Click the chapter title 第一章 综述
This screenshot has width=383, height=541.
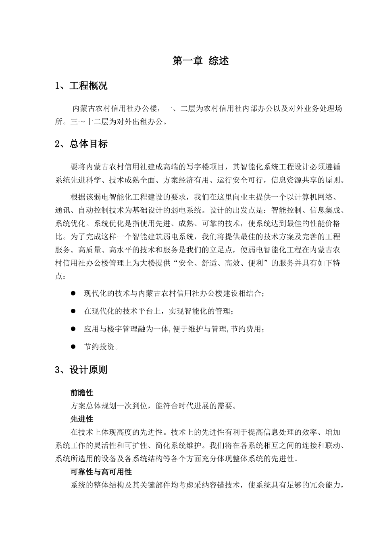coord(200,61)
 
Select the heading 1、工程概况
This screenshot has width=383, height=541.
coord(81,86)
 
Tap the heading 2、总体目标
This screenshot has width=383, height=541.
coord(81,144)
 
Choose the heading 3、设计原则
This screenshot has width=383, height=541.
coord(81,370)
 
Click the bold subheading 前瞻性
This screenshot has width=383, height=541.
coord(82,392)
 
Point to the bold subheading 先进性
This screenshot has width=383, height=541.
coord(82,419)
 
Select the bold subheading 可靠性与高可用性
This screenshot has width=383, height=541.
coord(101,471)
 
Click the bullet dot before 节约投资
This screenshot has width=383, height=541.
coord(73,346)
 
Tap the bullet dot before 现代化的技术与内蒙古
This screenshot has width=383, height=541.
coord(73,293)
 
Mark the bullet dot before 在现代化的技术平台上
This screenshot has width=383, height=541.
coord(73,311)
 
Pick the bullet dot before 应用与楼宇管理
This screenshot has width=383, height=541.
coord(73,329)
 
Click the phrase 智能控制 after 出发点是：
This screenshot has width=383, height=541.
coord(287,210)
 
